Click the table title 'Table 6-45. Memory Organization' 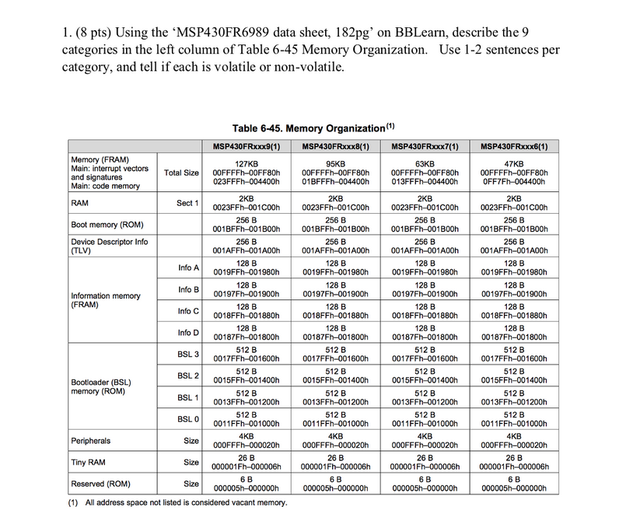coord(310,128)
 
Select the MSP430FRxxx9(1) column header coord(246,146)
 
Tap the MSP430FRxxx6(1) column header coord(514,146)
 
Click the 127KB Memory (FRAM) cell coord(246,173)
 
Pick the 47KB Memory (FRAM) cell coord(514,173)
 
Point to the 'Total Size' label coord(180,173)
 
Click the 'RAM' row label coord(79,203)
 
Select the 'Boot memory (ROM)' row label coord(106,225)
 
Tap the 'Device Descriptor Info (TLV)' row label coord(109,246)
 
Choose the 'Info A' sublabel coord(188,267)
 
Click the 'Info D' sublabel coord(188,333)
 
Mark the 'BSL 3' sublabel coord(188,355)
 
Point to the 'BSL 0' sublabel coord(188,419)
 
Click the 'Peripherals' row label coord(91,441)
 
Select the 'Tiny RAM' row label coord(88,462)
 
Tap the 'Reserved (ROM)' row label coord(100,484)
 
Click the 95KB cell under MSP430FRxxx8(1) coord(335,173)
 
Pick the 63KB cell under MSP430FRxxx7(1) coord(425,173)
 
